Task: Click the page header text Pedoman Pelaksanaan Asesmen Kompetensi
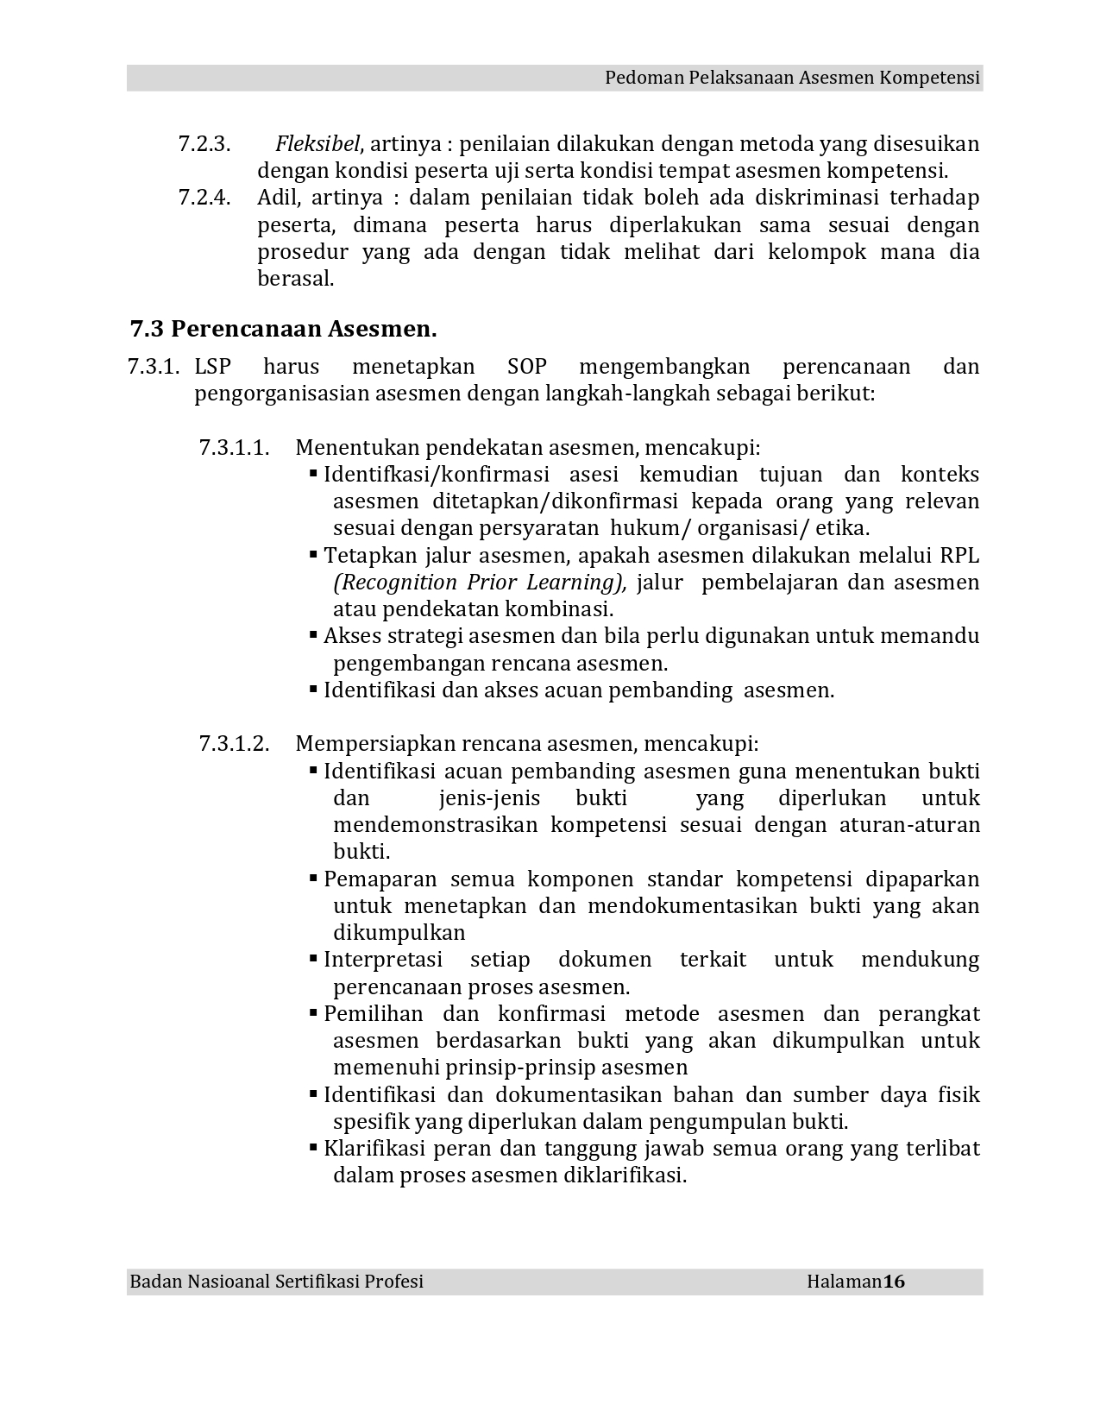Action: pyautogui.click(x=792, y=78)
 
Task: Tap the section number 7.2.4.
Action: pyautogui.click(x=204, y=198)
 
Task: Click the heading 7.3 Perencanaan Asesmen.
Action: pyautogui.click(x=283, y=329)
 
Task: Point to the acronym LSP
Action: pyautogui.click(x=213, y=367)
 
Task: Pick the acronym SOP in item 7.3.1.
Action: pyautogui.click(x=527, y=367)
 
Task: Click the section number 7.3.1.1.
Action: pyautogui.click(x=234, y=448)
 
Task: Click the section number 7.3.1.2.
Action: pyautogui.click(x=234, y=744)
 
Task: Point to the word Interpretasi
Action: pyautogui.click(x=383, y=960)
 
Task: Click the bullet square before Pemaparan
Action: pyautogui.click(x=314, y=879)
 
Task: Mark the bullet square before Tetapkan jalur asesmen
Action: pyautogui.click(x=314, y=555)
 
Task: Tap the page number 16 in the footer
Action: pyautogui.click(x=894, y=1282)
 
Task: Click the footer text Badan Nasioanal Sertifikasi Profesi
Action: pyautogui.click(x=277, y=1282)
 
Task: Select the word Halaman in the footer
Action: pyautogui.click(x=844, y=1282)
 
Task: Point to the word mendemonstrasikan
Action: pyautogui.click(x=435, y=825)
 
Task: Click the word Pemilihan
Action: pyautogui.click(x=374, y=1014)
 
